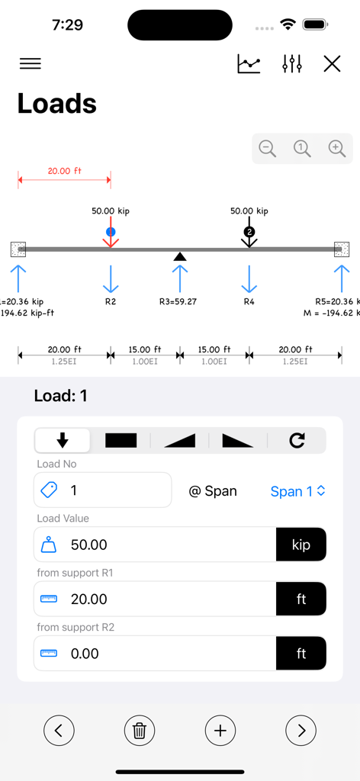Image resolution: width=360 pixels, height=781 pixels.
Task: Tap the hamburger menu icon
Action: click(31, 64)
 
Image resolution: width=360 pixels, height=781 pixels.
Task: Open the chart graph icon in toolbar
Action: click(249, 64)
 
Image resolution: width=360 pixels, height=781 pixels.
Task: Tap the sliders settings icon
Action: click(292, 64)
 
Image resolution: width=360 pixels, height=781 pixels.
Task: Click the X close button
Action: click(332, 64)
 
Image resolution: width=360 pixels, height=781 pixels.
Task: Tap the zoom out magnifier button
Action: click(268, 149)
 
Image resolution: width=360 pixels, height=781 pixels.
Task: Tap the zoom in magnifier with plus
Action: click(337, 149)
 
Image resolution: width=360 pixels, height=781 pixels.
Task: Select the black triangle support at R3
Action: click(180, 256)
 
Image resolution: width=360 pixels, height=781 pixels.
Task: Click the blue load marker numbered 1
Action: click(111, 232)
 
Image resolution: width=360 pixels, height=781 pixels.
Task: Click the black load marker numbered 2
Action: click(249, 232)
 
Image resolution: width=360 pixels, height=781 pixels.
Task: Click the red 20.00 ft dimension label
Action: click(64, 171)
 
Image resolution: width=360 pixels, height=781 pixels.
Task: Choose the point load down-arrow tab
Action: click(63, 440)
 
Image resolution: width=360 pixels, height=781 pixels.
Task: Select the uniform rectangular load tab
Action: click(121, 440)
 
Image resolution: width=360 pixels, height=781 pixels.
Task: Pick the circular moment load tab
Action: click(297, 440)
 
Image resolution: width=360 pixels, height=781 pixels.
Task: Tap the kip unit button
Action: click(301, 545)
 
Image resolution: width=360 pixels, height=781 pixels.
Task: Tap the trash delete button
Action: click(140, 731)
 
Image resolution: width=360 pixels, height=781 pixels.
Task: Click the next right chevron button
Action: click(301, 731)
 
